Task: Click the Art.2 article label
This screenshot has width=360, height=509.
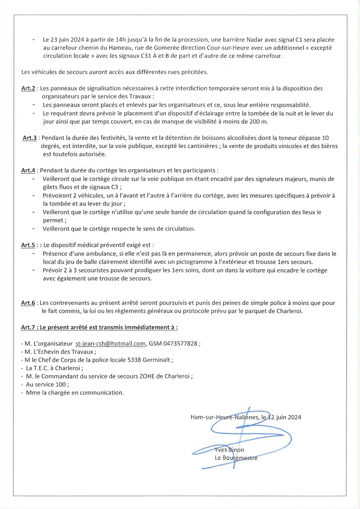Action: point(28,88)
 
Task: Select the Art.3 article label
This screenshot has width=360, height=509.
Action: point(30,138)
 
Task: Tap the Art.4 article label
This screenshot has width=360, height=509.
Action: point(28,171)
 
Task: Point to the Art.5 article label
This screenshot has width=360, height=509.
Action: point(28,245)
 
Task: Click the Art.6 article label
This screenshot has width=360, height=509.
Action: point(28,303)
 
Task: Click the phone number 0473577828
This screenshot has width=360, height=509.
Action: point(180,344)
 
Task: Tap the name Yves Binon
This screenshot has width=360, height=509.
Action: point(229,450)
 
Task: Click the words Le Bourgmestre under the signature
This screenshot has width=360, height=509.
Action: point(236,458)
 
